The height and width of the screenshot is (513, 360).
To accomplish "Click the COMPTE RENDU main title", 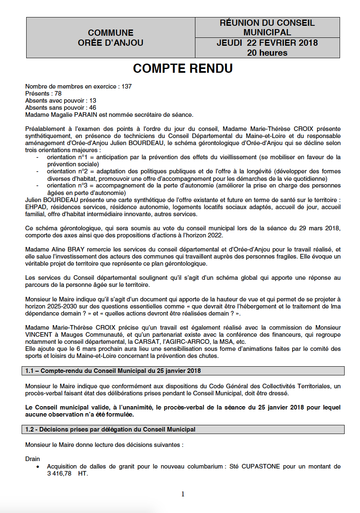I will click(182, 69).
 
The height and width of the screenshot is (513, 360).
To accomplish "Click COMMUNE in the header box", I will click(111, 33).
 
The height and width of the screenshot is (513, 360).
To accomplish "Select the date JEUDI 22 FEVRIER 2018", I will click(267, 43).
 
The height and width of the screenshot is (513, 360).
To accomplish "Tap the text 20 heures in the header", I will click(267, 53).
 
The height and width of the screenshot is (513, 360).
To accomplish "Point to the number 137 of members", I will click(126, 86).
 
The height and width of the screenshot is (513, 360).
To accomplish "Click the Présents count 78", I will click(58, 94).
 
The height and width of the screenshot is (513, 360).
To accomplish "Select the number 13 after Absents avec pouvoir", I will click(93, 101).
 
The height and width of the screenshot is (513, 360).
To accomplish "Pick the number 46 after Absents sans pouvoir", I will click(92, 108).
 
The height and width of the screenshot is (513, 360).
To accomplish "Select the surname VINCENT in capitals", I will click(39, 335).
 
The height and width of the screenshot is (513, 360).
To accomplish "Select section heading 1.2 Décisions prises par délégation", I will click(110, 429).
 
